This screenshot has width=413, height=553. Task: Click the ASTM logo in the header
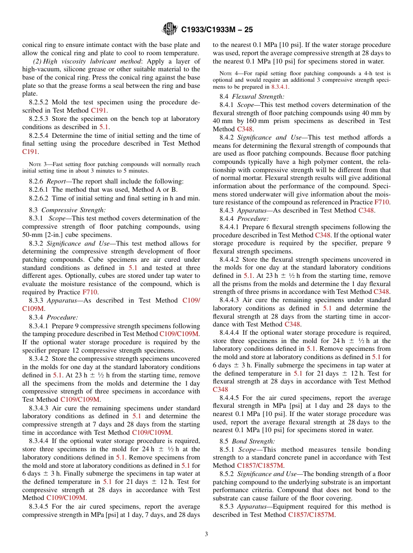170,29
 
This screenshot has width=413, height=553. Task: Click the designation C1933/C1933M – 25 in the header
217,30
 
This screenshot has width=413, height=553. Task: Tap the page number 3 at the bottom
206,534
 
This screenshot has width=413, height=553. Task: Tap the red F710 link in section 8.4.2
382,202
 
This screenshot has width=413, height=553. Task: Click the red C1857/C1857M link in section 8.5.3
311,514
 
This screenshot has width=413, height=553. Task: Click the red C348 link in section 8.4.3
366,210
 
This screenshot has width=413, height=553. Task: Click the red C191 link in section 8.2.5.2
99,110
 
